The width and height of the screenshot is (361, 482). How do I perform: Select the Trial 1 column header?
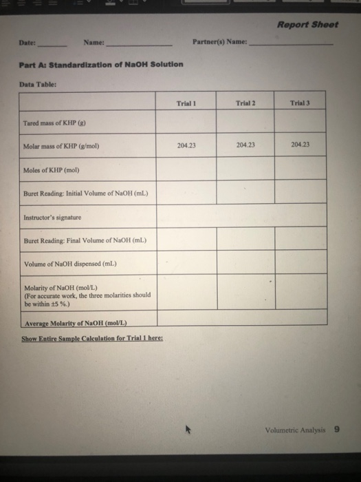pos(186,103)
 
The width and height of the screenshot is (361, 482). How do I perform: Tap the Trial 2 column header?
pos(245,103)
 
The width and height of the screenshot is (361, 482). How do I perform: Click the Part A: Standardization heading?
pos(101,64)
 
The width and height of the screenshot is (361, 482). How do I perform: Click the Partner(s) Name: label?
pos(221,43)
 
